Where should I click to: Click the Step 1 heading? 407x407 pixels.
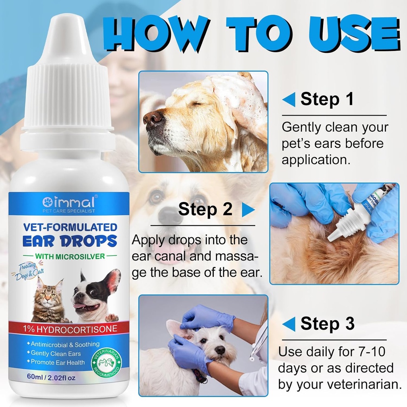[327, 99]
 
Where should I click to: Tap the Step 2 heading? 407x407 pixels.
[205, 209]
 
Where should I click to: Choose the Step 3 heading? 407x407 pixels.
[327, 324]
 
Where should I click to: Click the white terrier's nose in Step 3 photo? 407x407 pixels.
[219, 350]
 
